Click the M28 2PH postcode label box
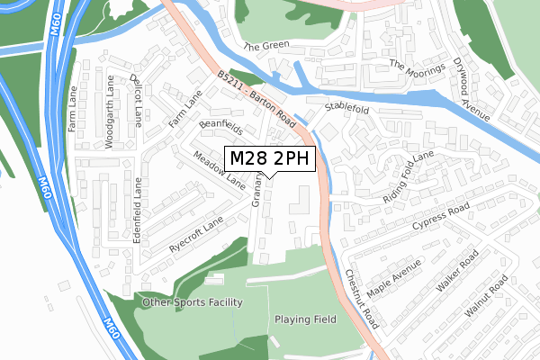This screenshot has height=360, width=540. (x=270, y=159)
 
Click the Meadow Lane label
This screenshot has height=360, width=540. (x=219, y=169)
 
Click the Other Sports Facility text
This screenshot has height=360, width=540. (x=192, y=302)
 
